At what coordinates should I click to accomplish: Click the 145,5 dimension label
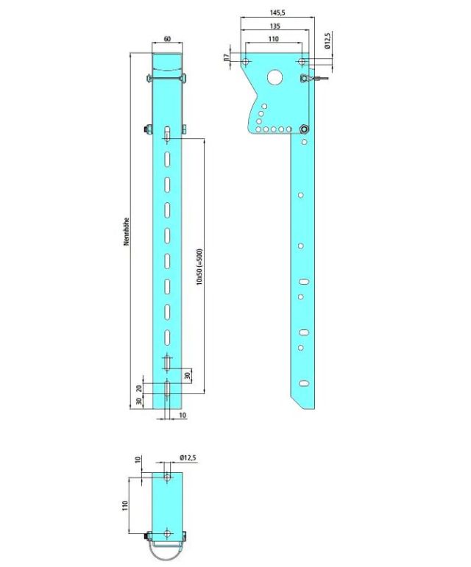click(x=277, y=13)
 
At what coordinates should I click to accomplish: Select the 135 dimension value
click(x=275, y=26)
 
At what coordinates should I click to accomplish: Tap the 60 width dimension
click(x=167, y=39)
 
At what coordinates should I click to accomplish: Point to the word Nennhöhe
click(x=127, y=232)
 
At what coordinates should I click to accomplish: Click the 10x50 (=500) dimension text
click(x=199, y=266)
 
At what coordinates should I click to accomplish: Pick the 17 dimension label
click(x=227, y=57)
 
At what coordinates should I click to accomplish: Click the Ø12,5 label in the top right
click(x=327, y=41)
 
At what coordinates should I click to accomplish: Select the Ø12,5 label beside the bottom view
click(x=188, y=458)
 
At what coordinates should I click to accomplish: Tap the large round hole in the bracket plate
click(x=275, y=76)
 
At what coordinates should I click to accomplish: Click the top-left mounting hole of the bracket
click(x=246, y=62)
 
